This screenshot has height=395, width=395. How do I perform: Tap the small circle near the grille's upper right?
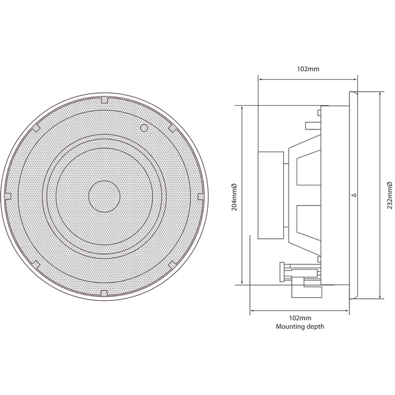[143, 128]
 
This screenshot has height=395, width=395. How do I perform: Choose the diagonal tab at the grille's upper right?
[173, 128]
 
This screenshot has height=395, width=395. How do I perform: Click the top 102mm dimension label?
[308, 69]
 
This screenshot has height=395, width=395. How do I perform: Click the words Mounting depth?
[300, 326]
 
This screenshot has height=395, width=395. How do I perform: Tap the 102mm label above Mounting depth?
[300, 318]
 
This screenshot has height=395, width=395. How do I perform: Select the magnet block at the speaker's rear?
[270, 196]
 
